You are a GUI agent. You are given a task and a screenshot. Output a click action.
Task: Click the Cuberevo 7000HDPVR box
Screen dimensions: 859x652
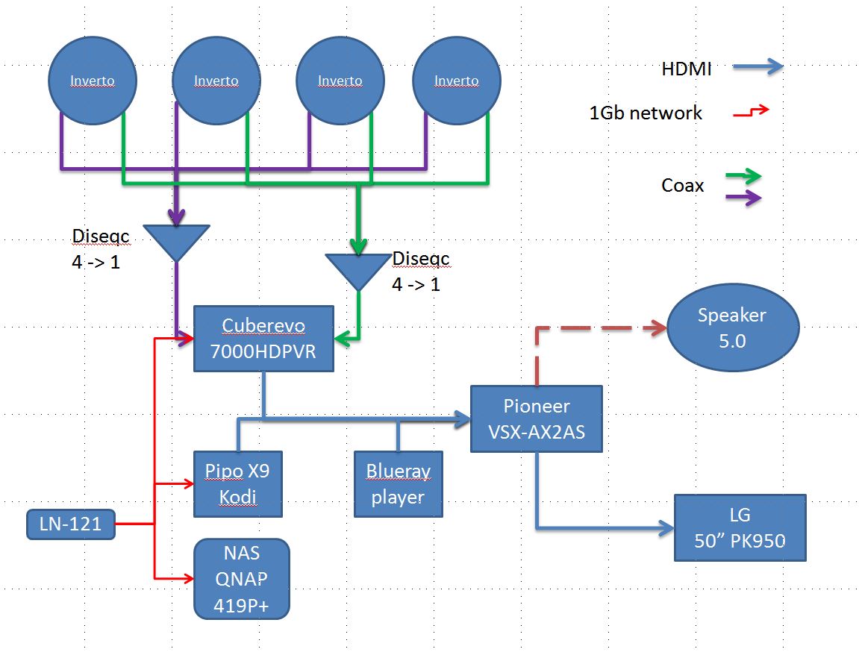pyautogui.click(x=263, y=339)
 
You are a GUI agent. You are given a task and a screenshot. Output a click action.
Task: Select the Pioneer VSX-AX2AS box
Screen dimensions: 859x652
pyautogui.click(x=537, y=419)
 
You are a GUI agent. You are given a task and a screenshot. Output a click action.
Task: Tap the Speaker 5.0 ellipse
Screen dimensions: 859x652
pyautogui.click(x=732, y=327)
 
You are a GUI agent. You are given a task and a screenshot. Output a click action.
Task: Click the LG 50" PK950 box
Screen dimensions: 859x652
pyautogui.click(x=740, y=527)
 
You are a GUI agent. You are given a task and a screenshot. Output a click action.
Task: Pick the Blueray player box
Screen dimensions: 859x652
pyautogui.click(x=399, y=484)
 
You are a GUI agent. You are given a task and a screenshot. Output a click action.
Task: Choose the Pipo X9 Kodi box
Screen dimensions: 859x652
pyautogui.click(x=238, y=484)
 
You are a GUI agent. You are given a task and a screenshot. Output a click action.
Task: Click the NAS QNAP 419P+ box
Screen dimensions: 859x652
pyautogui.click(x=242, y=579)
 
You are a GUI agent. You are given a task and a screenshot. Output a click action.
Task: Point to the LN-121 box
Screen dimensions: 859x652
pyautogui.click(x=71, y=524)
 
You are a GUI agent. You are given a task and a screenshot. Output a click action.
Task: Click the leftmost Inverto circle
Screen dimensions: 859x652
pyautogui.click(x=93, y=81)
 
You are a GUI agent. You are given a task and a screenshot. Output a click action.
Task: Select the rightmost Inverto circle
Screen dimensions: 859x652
pyautogui.click(x=456, y=81)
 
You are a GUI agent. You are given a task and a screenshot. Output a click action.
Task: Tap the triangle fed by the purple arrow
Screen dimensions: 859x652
pyautogui.click(x=176, y=242)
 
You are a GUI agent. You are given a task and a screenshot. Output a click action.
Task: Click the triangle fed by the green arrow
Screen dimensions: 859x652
pyautogui.click(x=358, y=271)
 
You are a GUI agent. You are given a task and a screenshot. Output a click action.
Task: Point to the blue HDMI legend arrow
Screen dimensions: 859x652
pyautogui.click(x=758, y=67)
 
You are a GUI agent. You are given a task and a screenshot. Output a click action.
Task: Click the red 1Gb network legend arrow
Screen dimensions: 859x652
pyautogui.click(x=751, y=111)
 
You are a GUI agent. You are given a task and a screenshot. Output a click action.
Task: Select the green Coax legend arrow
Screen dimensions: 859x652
pyautogui.click(x=743, y=176)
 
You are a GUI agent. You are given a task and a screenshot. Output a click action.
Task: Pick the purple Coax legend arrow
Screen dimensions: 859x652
pyautogui.click(x=743, y=197)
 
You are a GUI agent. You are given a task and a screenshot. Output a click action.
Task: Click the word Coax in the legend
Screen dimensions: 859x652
pyautogui.click(x=683, y=186)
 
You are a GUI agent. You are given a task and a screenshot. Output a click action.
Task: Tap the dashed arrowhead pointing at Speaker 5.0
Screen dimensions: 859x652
pyautogui.click(x=656, y=328)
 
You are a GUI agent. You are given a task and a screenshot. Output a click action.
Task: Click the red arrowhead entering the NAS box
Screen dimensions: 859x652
pyautogui.click(x=189, y=578)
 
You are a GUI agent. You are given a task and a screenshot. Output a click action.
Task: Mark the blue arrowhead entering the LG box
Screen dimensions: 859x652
pyautogui.click(x=666, y=528)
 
